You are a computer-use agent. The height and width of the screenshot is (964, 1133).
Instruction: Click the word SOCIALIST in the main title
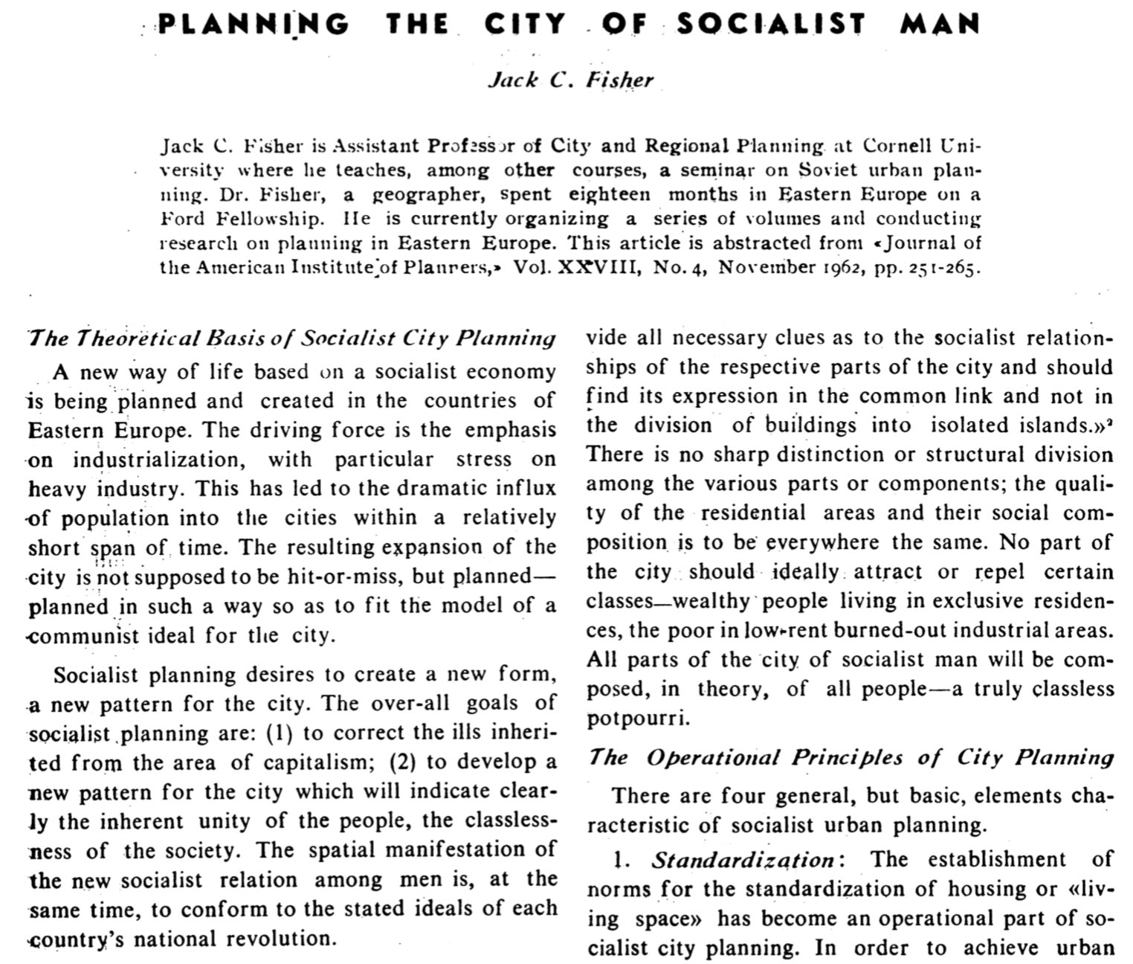(771, 24)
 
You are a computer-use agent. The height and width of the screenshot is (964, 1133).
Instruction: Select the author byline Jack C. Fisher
(570, 80)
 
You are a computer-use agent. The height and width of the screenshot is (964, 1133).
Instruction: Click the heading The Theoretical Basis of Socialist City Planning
(291, 338)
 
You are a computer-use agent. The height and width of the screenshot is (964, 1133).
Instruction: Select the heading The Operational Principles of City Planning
(850, 758)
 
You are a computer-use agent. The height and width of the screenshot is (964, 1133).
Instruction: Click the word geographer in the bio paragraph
(426, 195)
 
